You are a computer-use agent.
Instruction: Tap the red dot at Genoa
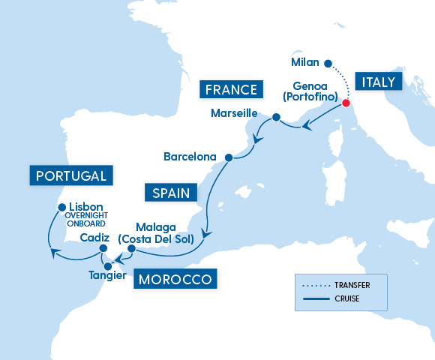tap(346, 103)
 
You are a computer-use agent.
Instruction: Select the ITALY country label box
tap(379, 82)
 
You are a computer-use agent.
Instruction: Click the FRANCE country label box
tap(231, 91)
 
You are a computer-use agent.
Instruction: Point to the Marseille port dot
tap(276, 118)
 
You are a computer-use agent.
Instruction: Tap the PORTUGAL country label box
tap(72, 177)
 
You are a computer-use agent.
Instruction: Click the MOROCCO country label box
tap(175, 280)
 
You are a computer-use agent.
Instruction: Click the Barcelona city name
tap(189, 157)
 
